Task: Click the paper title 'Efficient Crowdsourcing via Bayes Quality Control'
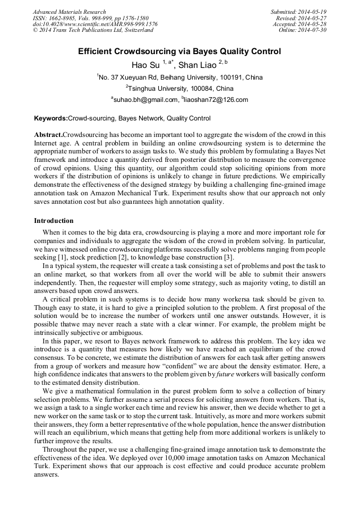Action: tap(179, 52)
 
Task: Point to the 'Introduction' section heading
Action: tap(54, 221)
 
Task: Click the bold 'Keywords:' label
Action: tap(50, 118)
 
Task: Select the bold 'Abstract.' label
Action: tap(48, 135)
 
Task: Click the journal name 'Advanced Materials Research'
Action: tap(69, 12)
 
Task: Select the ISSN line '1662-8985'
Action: tap(90, 18)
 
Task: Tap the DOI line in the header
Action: tap(95, 24)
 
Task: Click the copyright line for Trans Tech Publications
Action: tap(93, 30)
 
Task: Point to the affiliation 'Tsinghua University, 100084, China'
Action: tap(179, 89)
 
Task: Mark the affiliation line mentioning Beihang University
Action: tap(179, 77)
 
